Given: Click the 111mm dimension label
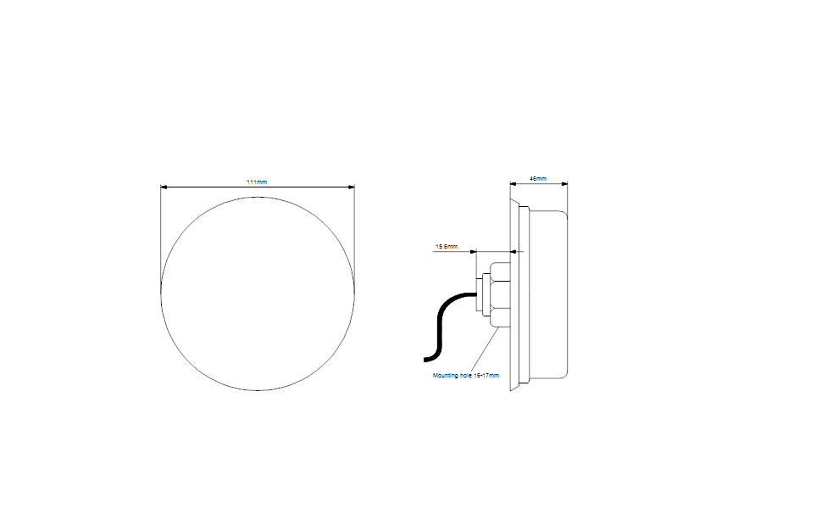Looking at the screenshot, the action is pyautogui.click(x=257, y=182).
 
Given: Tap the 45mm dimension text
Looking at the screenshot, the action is pyautogui.click(x=538, y=178).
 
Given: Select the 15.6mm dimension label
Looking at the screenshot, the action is pyautogui.click(x=447, y=247).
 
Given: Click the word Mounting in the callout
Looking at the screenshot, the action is pyautogui.click(x=446, y=376).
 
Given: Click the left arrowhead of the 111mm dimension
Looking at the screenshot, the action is pyautogui.click(x=164, y=187).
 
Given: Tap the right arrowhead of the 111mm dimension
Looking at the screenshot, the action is pyautogui.click(x=352, y=187).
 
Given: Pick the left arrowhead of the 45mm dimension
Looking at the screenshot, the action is pyautogui.click(x=513, y=184).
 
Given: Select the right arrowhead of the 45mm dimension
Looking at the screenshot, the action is pyautogui.click(x=564, y=184).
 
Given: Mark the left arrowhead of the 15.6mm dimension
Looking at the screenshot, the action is pyautogui.click(x=473, y=252).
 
